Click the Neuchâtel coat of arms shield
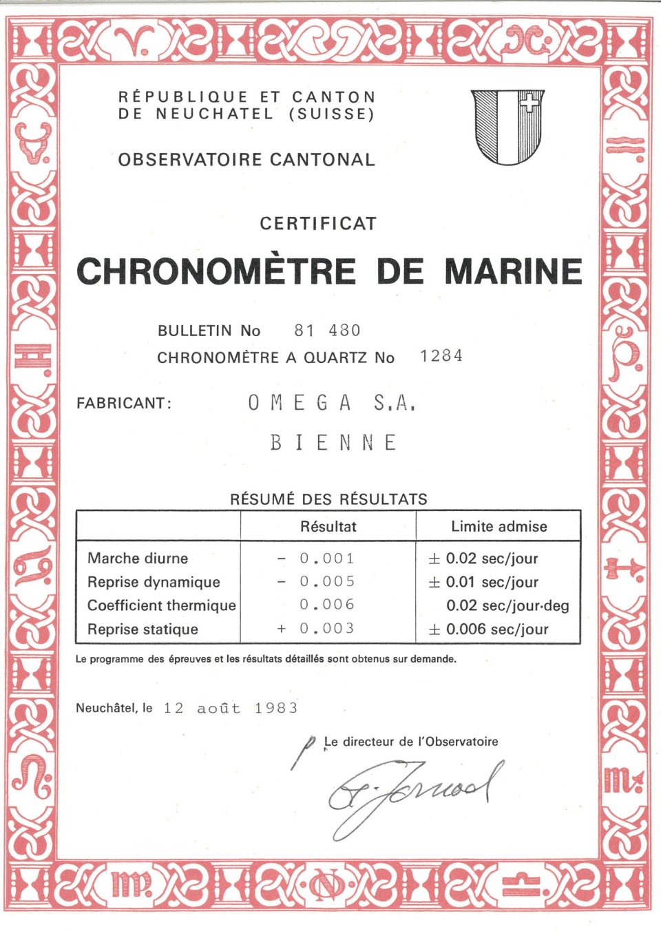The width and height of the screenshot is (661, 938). [508, 127]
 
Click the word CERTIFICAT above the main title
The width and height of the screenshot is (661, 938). [318, 223]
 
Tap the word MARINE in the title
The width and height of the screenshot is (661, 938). [513, 271]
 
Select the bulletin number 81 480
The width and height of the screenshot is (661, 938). [327, 331]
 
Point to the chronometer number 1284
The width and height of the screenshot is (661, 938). [441, 356]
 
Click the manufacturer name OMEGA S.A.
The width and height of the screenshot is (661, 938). [332, 403]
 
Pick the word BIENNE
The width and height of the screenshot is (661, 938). [333, 442]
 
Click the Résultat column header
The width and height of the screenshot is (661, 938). [328, 527]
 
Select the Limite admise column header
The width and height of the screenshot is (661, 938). [499, 527]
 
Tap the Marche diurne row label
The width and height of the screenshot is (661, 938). [138, 559]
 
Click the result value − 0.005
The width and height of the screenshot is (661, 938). [316, 581]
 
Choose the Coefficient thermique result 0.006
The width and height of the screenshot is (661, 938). [327, 605]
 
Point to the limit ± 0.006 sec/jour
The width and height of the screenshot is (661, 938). [489, 629]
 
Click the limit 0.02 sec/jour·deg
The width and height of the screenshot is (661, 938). [507, 605]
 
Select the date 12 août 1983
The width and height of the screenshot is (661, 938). [230, 708]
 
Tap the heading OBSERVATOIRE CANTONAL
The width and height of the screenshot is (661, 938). [246, 160]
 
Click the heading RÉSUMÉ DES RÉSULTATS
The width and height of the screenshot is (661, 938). [328, 499]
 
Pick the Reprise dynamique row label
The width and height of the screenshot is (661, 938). [154, 582]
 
